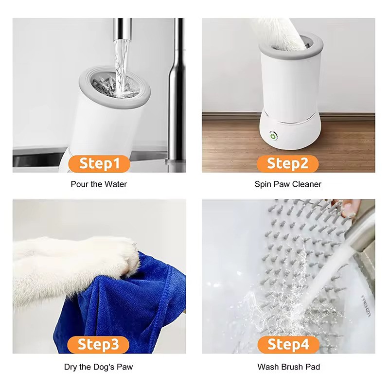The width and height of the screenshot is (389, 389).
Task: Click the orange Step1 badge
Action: (x=99, y=163)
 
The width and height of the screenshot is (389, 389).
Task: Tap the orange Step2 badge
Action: (x=288, y=163)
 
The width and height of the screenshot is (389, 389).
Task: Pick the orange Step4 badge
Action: (x=288, y=345)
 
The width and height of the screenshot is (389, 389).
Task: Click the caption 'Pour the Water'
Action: (x=99, y=184)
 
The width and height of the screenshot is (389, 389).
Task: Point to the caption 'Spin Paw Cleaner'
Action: (x=288, y=184)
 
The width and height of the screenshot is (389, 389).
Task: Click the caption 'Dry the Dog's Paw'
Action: (x=98, y=367)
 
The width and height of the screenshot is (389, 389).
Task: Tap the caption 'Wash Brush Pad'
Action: (x=288, y=367)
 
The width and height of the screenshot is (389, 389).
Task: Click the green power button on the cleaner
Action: (x=274, y=137)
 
